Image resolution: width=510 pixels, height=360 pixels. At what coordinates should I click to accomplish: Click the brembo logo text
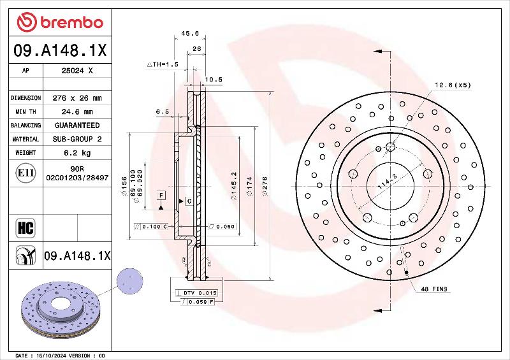[x=71, y=22]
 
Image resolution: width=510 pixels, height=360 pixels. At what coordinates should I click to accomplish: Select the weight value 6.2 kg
[x=77, y=153]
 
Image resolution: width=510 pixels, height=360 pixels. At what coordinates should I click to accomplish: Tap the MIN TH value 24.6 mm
[x=77, y=112]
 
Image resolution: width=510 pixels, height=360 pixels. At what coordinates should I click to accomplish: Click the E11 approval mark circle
[x=25, y=173]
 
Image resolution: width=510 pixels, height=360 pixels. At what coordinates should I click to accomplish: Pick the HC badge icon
[x=25, y=227]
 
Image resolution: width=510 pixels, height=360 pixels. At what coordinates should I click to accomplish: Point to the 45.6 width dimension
[x=190, y=33]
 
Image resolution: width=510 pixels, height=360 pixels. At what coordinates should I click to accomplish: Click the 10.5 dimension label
[x=214, y=80]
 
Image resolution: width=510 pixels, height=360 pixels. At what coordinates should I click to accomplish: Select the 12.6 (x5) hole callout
[x=453, y=85]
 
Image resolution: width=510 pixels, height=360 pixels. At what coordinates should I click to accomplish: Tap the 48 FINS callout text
[x=434, y=289]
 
